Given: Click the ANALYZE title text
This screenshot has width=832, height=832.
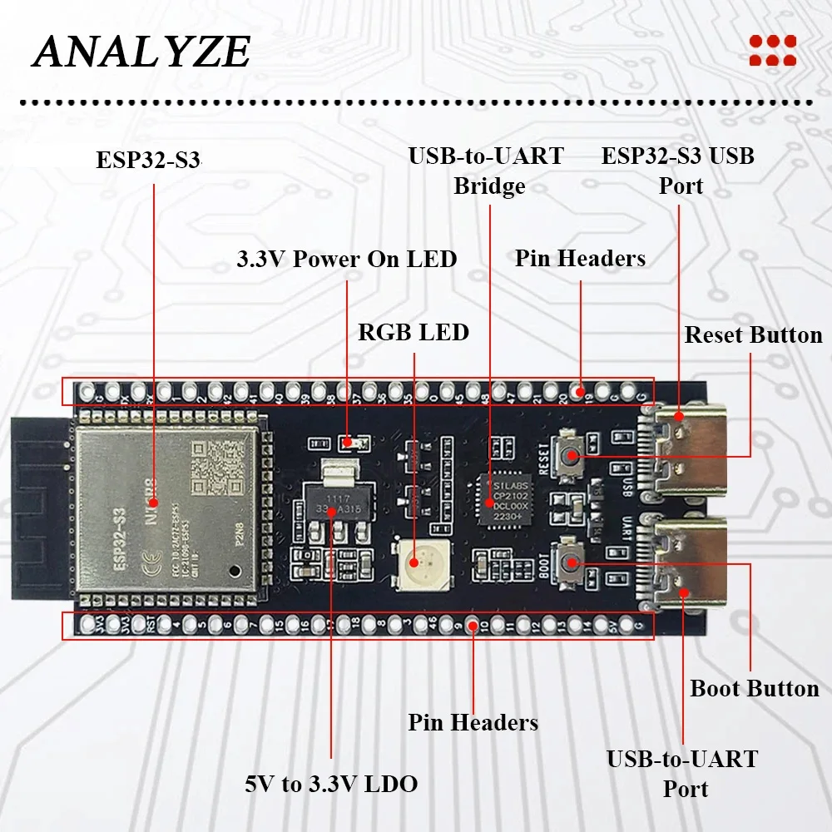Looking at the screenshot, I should point(141,52).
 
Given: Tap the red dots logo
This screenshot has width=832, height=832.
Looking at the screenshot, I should point(772,50).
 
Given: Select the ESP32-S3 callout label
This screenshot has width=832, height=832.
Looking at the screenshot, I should point(149,160).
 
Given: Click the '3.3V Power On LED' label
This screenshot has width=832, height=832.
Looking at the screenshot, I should point(347,259).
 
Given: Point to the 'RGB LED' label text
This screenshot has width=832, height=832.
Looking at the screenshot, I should point(414,333).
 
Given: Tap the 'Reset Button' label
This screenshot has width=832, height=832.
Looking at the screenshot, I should point(753,335).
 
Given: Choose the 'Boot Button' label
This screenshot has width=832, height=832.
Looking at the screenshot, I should point(755,689).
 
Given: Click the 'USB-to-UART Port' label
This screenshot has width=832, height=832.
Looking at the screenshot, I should point(682,773).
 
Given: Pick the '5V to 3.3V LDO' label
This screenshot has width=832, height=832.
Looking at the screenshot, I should point(331,784).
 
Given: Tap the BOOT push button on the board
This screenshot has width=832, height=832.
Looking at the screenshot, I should point(572,563).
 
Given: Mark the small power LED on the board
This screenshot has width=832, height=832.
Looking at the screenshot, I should point(350,443).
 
